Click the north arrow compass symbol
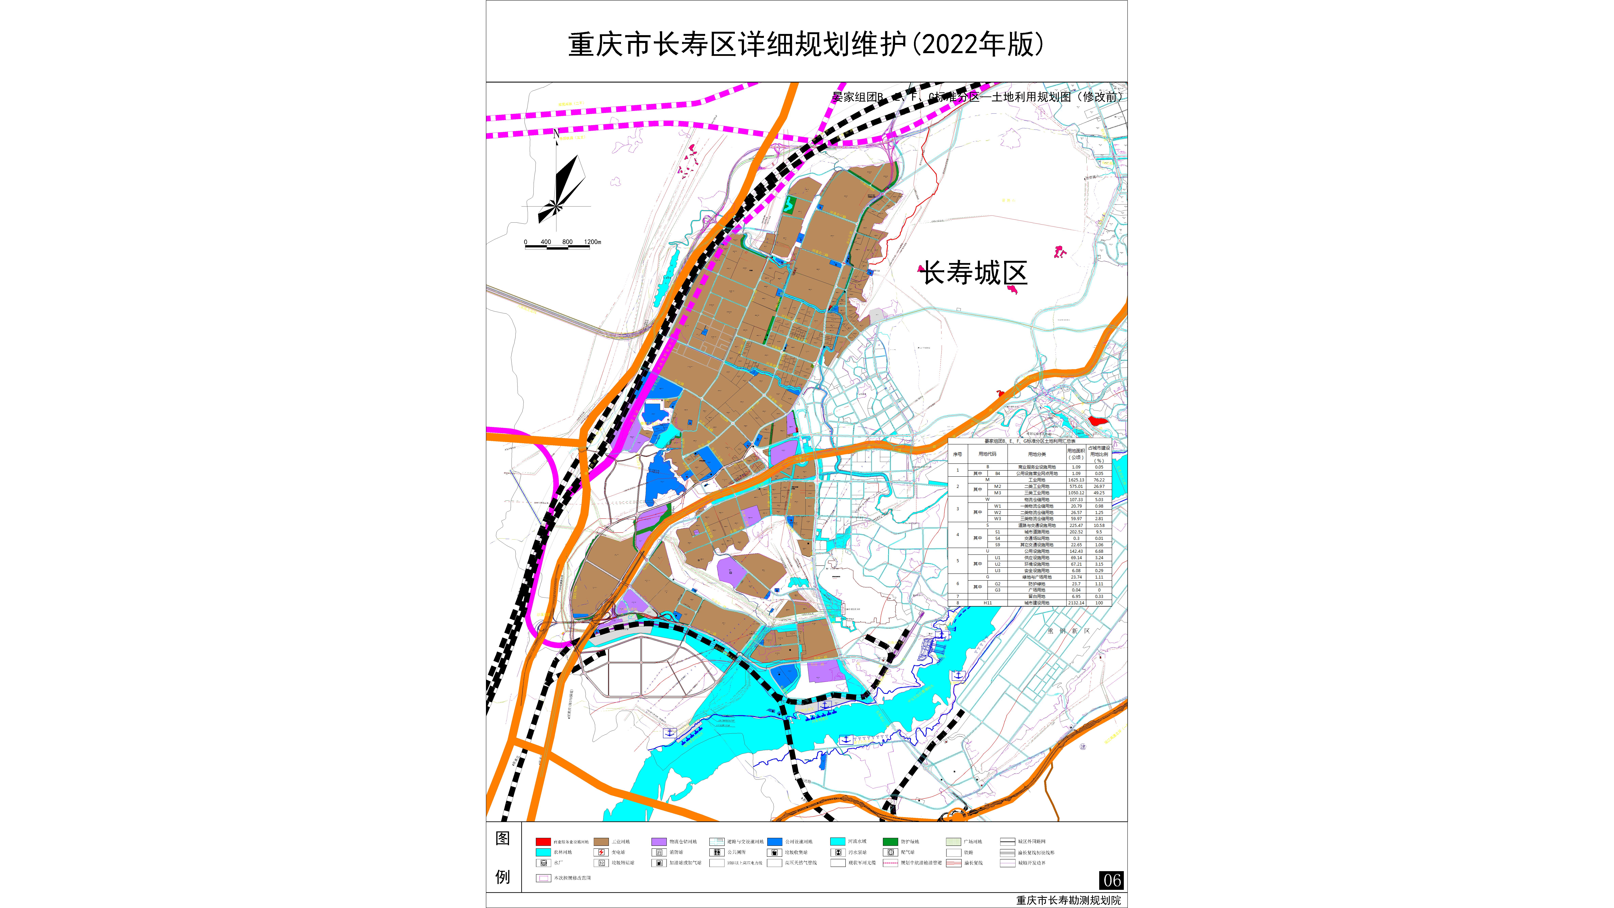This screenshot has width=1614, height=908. (x=558, y=188)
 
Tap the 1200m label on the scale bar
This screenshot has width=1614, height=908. (x=592, y=242)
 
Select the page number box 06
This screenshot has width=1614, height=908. (x=1111, y=880)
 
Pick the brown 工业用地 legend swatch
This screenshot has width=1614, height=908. (x=601, y=842)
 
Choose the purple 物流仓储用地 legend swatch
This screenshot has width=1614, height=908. (x=658, y=842)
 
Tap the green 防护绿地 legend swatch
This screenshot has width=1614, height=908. (x=890, y=842)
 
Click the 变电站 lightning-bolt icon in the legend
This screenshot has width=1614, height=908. (x=601, y=852)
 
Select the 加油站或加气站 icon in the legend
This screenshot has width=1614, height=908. (x=658, y=863)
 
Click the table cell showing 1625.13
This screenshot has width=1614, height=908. (x=1076, y=480)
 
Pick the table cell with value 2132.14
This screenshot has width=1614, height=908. (x=1076, y=603)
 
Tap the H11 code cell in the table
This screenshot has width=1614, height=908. (x=987, y=603)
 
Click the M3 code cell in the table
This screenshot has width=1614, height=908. (x=998, y=493)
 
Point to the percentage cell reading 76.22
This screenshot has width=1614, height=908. (x=1099, y=480)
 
